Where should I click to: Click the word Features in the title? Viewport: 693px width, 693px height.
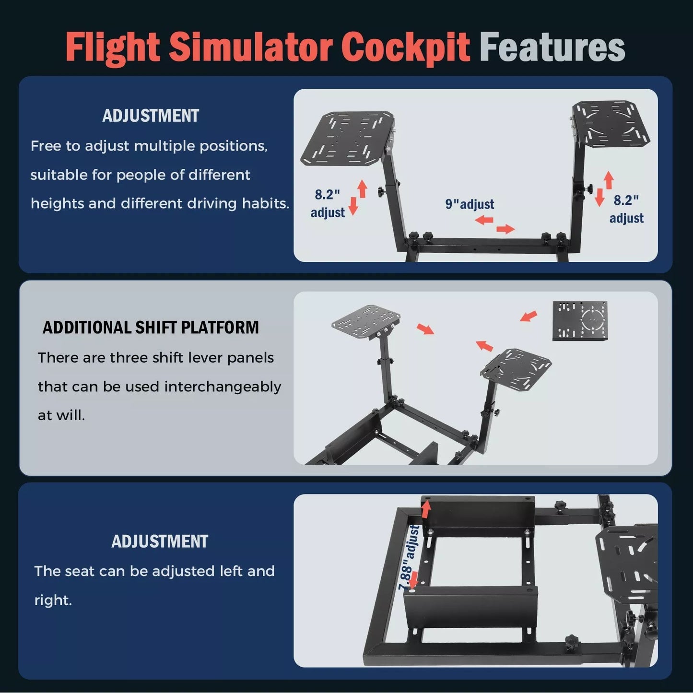point(552,47)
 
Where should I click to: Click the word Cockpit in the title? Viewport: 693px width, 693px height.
point(405,47)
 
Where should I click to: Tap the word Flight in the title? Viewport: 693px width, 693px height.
point(113,47)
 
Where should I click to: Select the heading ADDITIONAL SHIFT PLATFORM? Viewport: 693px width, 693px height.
point(151,327)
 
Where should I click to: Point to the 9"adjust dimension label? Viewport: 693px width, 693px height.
point(470,204)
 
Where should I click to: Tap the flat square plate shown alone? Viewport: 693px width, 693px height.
point(580,321)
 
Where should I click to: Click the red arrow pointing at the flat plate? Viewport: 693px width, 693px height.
point(529,316)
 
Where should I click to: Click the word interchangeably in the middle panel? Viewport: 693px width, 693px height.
point(223,387)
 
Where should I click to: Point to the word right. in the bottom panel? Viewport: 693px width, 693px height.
point(53,600)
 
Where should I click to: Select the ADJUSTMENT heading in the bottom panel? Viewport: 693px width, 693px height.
point(160,541)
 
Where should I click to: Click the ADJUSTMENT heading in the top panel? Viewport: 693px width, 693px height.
point(151,116)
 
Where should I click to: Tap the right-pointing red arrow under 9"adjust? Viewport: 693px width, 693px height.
point(505,229)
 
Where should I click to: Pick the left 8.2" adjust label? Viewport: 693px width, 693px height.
point(328,203)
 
